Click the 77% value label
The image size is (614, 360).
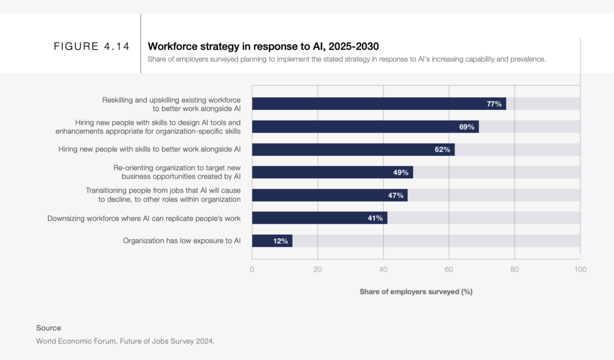pyautogui.click(x=494, y=104)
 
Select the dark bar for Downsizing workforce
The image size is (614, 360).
pyautogui.click(x=319, y=218)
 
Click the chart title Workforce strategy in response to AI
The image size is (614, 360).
pyautogui.click(x=263, y=46)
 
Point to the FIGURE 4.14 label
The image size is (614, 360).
pyautogui.click(x=92, y=47)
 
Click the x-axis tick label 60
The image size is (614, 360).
pyautogui.click(x=449, y=269)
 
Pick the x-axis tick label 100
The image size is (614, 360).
pyautogui.click(x=580, y=269)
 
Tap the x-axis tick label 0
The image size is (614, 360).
pyautogui.click(x=252, y=269)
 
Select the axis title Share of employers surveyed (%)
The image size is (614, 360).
pyautogui.click(x=416, y=292)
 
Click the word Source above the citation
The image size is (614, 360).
pyautogui.click(x=49, y=328)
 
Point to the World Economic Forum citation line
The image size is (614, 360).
pyautogui.click(x=125, y=341)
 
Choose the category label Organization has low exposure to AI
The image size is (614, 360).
pyautogui.click(x=182, y=241)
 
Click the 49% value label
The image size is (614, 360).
pyautogui.click(x=401, y=172)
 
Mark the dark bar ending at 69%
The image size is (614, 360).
pyautogui.click(x=365, y=127)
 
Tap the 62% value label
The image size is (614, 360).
pyautogui.click(x=443, y=149)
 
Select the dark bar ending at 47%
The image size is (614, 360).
pyautogui.click(x=329, y=195)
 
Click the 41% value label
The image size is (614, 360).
pyautogui.click(x=375, y=218)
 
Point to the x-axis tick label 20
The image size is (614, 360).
pyautogui.click(x=317, y=269)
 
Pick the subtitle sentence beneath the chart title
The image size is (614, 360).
pyautogui.click(x=347, y=59)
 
